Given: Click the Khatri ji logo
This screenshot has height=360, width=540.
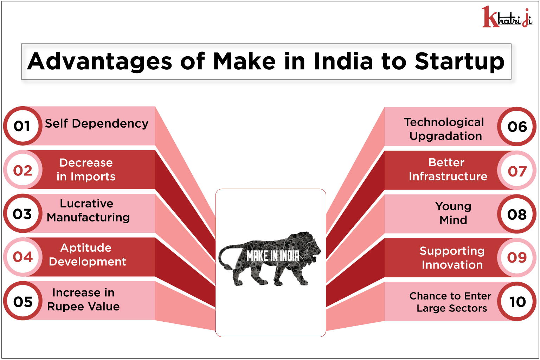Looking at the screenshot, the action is tap(507, 17).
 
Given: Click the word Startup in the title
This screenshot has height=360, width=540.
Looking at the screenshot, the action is tap(459, 62).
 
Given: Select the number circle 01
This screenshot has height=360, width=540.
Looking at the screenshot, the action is tap(22, 126).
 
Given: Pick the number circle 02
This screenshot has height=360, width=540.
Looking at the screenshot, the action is tap(22, 170).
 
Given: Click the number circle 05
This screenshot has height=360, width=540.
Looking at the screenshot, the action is tap(22, 301).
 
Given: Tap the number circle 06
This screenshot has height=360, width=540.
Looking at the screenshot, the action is tap(517, 127).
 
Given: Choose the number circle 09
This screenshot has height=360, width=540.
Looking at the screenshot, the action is tap(517, 258).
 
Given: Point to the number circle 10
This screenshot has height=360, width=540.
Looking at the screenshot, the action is tap(517, 301).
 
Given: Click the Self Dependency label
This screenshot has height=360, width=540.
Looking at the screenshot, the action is tap(97, 124).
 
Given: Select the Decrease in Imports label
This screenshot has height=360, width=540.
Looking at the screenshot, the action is tap(86, 169).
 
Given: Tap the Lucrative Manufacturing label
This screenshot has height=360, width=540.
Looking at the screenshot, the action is tap(88, 211).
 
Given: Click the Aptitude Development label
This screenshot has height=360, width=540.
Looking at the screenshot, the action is tap(87, 255).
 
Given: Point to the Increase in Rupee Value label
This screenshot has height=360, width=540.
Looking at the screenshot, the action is tap(83, 300).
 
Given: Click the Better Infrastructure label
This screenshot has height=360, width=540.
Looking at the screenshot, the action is tap(448, 169).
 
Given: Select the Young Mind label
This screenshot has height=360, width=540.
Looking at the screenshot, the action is tap(454, 213).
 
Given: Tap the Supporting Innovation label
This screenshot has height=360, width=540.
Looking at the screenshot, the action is tap(452, 258).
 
